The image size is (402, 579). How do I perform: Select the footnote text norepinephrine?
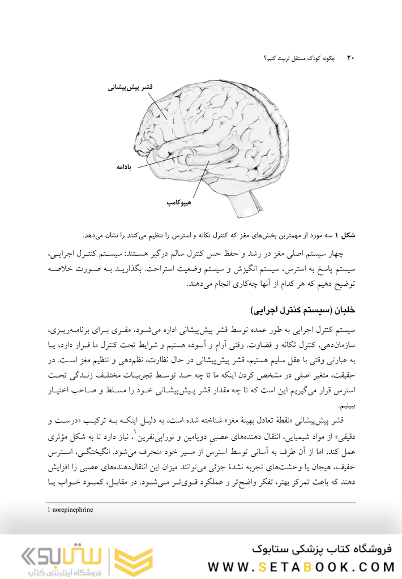click(72, 509)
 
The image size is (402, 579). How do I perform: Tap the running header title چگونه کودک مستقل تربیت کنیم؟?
click(301, 58)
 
